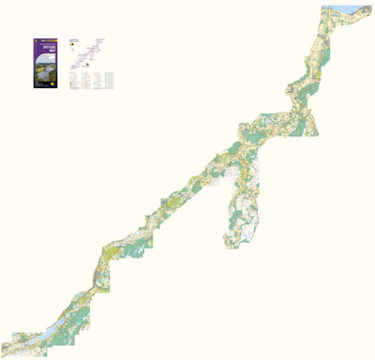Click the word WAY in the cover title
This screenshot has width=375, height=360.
click(48, 58)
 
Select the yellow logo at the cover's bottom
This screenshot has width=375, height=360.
click(48, 87)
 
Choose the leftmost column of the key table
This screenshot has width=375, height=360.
click(72, 81)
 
